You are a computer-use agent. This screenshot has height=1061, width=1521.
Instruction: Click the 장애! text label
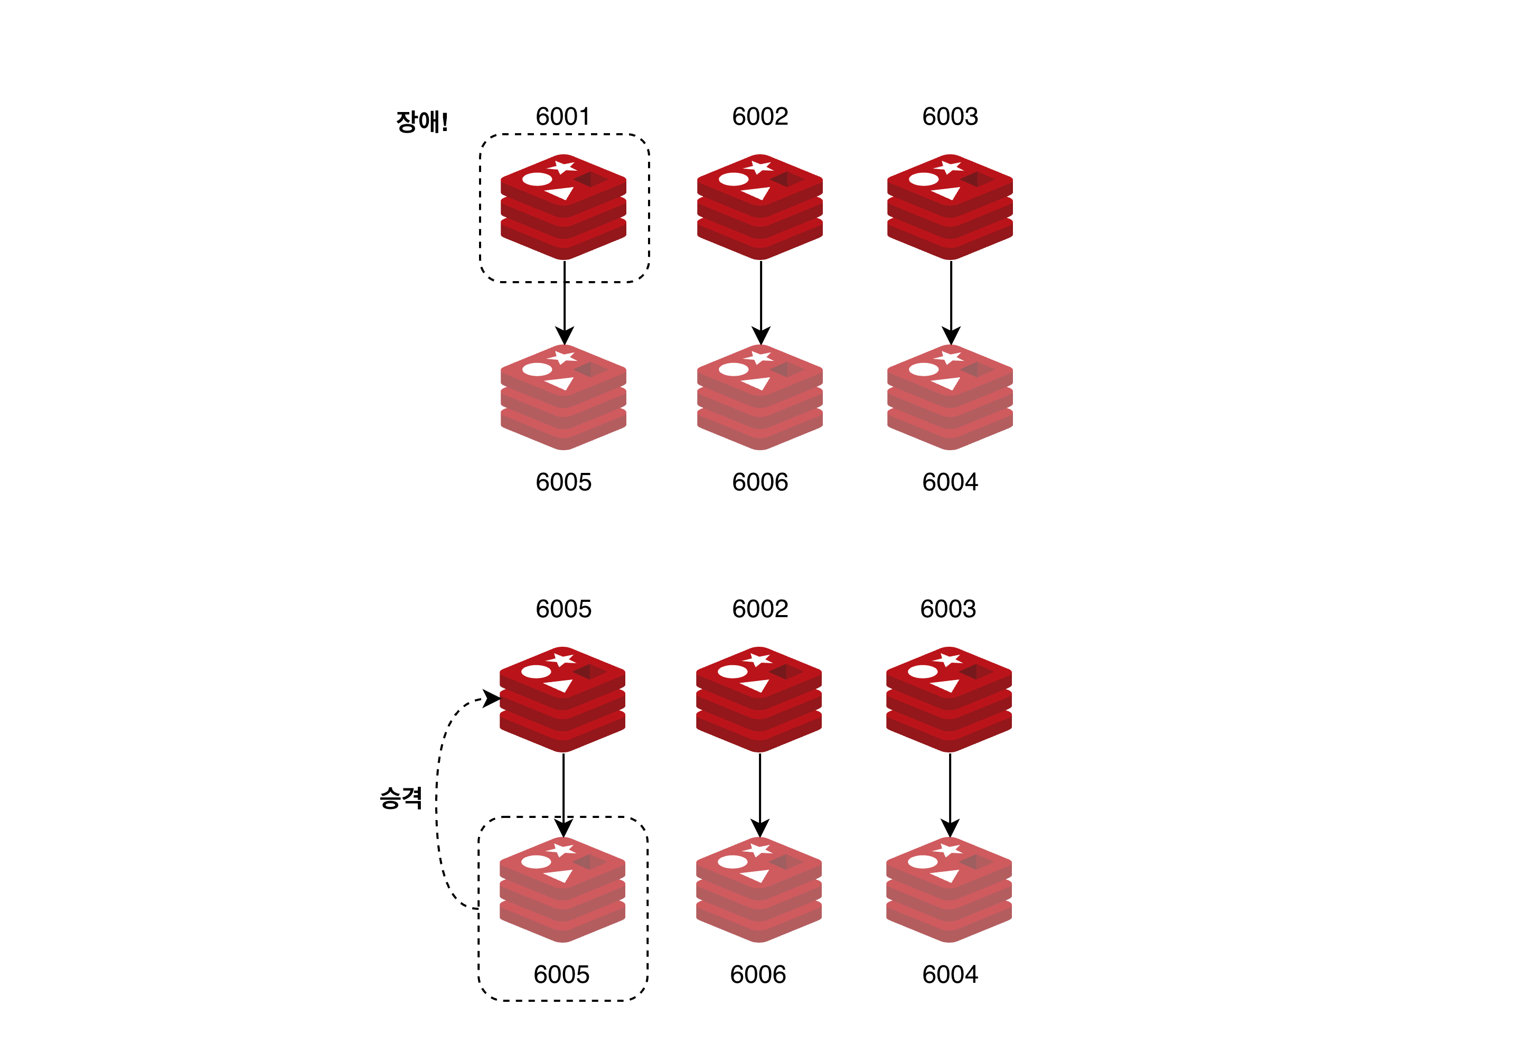pyautogui.click(x=422, y=122)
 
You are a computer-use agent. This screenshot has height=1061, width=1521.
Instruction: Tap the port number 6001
pyautogui.click(x=562, y=117)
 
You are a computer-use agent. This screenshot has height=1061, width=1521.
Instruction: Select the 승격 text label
pyautogui.click(x=401, y=797)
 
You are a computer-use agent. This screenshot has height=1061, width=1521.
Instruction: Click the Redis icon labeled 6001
pyautogui.click(x=563, y=207)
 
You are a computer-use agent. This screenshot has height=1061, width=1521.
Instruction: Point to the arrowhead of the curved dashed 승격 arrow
pyautogui.click(x=493, y=699)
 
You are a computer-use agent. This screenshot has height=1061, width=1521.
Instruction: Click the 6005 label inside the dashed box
pyautogui.click(x=561, y=975)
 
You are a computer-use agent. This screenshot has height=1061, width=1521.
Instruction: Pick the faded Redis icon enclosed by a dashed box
pyautogui.click(x=562, y=889)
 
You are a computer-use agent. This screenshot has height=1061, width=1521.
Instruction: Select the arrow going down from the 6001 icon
pyautogui.click(x=565, y=302)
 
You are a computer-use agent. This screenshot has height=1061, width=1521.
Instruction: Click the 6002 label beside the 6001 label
pyautogui.click(x=760, y=117)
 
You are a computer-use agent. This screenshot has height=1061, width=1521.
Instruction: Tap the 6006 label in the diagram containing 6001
pyautogui.click(x=760, y=482)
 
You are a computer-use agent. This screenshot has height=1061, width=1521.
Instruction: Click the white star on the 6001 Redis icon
pyautogui.click(x=564, y=166)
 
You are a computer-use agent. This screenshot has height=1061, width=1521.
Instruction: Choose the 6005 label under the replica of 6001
pyautogui.click(x=563, y=482)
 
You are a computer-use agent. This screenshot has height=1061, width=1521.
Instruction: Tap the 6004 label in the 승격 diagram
pyautogui.click(x=950, y=975)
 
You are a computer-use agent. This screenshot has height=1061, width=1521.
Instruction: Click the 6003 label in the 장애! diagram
pyautogui.click(x=950, y=117)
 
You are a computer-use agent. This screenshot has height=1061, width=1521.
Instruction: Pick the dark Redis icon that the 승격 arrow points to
pyautogui.click(x=562, y=699)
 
